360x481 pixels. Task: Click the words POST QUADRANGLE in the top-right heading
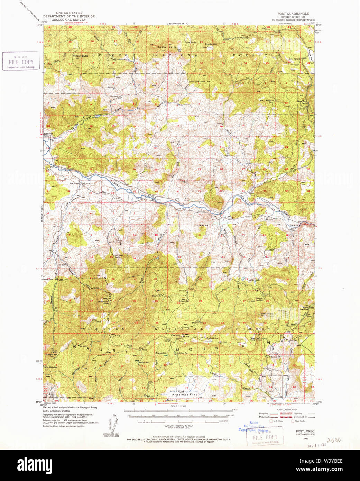(293, 13)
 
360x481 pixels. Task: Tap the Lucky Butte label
(167, 47)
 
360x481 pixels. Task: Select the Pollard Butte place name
(80, 56)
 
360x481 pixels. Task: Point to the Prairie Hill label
(211, 44)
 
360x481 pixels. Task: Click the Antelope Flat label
(184, 394)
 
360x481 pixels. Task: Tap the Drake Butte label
(186, 335)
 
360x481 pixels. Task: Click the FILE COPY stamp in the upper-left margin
(21, 62)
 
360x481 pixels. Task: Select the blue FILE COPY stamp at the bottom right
(265, 437)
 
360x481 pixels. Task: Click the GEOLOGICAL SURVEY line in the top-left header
(69, 20)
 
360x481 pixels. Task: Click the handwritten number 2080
(334, 440)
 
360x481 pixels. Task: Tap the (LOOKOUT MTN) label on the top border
(178, 24)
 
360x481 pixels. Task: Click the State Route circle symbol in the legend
(293, 421)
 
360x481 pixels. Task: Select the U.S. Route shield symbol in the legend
(271, 421)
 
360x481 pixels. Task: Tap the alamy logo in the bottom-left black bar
(35, 465)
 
